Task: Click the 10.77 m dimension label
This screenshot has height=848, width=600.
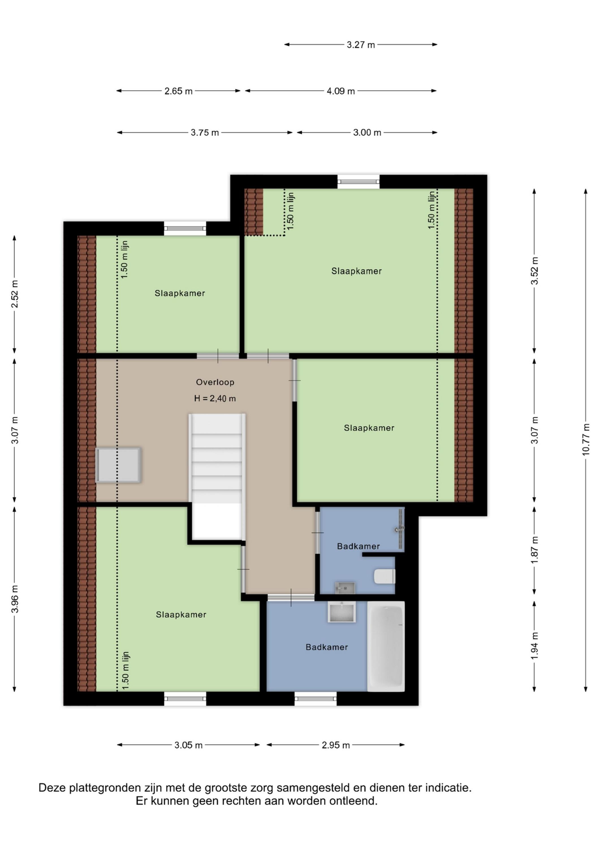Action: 586,440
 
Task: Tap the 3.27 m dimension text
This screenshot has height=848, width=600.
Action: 361,45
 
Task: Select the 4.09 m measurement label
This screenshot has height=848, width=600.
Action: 341,91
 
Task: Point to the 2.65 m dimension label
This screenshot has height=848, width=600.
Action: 178,91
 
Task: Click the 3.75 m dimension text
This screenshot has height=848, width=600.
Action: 205,133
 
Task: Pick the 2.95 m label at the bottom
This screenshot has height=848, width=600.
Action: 335,745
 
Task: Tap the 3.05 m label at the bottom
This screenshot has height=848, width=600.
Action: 188,745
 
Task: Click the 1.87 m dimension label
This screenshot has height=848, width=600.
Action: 534,550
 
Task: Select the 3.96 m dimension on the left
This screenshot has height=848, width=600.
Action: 15,599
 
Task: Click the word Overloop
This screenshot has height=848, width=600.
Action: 215,382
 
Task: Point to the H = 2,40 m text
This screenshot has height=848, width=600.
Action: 215,399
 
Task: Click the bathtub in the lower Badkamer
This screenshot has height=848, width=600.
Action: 386,646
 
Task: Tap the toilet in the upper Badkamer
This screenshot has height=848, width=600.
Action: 385,577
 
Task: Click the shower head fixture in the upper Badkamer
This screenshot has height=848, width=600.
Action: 399,530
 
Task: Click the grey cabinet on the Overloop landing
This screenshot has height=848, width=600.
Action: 118,465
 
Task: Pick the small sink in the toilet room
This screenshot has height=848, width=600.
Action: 345,588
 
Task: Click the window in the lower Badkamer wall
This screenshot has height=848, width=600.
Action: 316,698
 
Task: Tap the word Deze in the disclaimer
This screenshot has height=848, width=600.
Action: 51,788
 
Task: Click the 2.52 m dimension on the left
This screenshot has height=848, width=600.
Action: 15,294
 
